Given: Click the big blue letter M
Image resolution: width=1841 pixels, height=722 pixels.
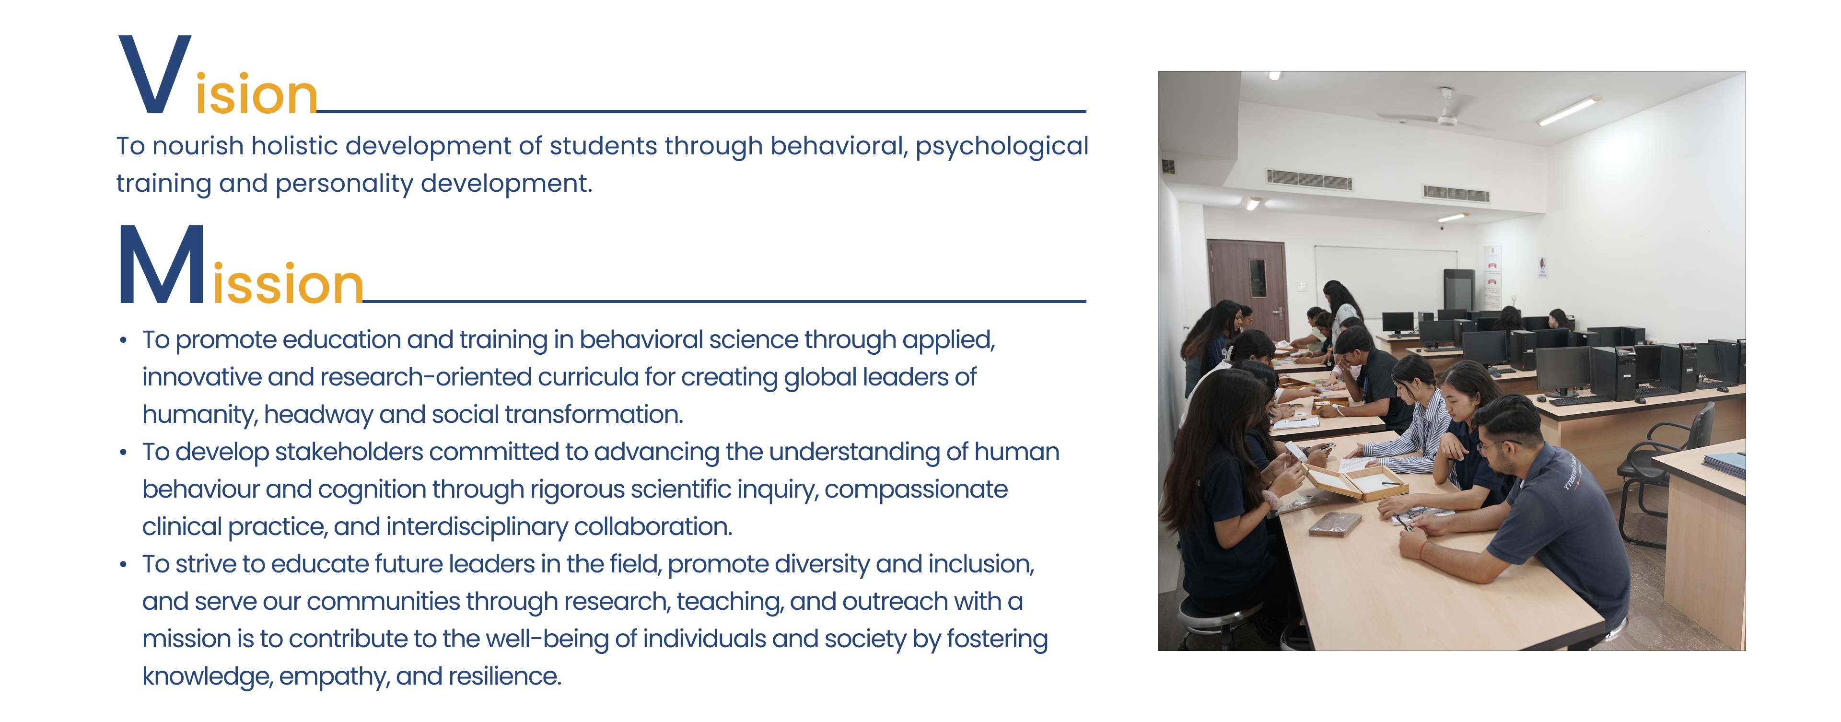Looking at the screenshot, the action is point(162,265).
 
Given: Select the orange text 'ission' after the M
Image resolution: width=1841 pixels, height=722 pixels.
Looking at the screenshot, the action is point(288,283).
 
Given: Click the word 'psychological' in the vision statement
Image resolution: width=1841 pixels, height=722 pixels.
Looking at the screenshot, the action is point(1002,147).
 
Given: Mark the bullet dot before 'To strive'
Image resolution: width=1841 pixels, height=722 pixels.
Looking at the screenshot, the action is point(124,565).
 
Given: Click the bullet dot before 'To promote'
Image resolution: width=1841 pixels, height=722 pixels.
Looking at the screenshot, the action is point(124,340).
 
